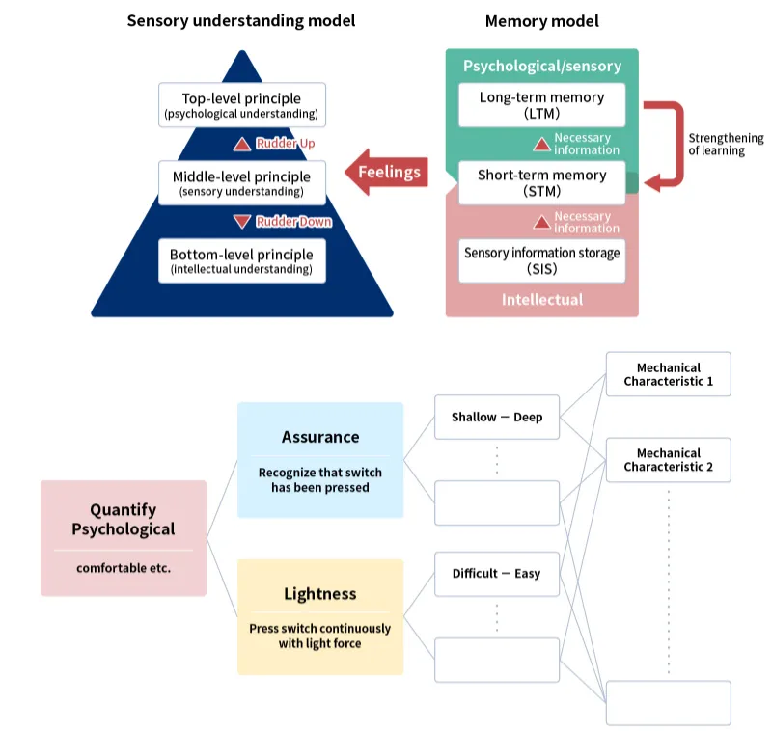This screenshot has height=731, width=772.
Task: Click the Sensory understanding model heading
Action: (241, 20)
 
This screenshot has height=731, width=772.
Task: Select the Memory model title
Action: (541, 20)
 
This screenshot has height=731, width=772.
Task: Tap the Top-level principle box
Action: (242, 105)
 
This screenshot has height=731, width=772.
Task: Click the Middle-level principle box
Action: (242, 183)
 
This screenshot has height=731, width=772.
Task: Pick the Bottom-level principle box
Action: (242, 261)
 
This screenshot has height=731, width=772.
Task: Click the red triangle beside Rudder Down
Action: (243, 222)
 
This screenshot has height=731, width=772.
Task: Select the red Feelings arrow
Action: (387, 173)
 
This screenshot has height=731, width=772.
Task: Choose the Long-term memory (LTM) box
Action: (541, 104)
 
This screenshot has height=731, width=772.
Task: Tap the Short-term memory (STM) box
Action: (541, 182)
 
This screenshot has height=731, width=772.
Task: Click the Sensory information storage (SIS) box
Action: (541, 260)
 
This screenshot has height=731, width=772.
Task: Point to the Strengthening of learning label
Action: (725, 145)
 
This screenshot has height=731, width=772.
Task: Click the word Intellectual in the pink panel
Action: (541, 300)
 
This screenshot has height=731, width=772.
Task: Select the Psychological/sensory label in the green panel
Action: (541, 67)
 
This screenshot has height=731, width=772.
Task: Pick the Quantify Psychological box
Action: (124, 537)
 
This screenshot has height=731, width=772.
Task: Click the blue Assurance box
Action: (320, 458)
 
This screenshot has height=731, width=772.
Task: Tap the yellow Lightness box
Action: (320, 615)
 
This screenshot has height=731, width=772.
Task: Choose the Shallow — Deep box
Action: (497, 418)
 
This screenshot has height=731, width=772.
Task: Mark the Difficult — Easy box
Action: (497, 574)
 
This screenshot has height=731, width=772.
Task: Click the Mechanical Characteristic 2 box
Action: (668, 460)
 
